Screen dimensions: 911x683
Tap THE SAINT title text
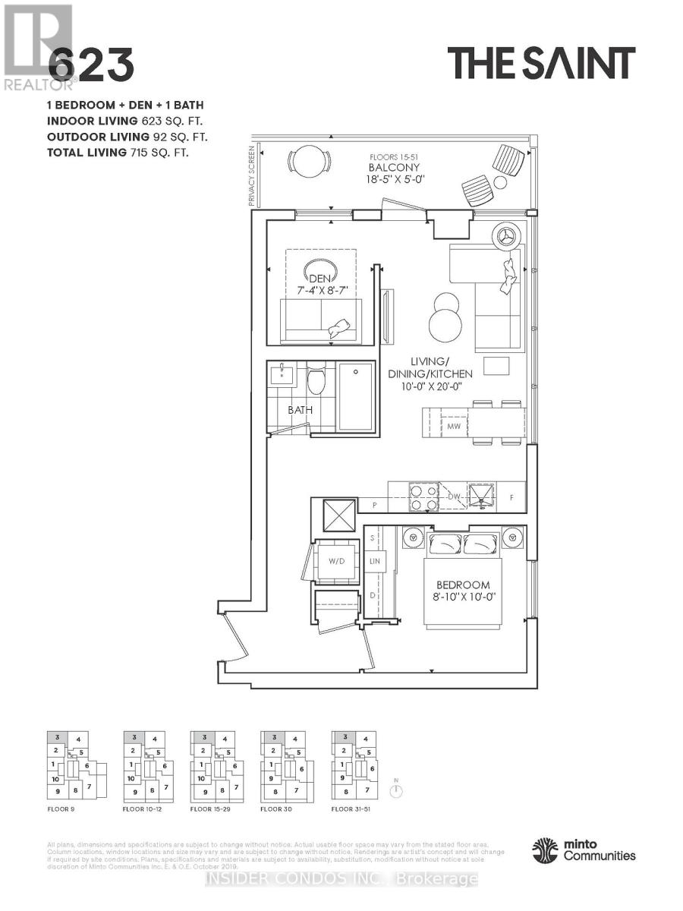(x=540, y=63)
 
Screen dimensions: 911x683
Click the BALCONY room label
(x=395, y=167)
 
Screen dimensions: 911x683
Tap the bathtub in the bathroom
(x=354, y=397)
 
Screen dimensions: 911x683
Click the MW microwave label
(x=454, y=427)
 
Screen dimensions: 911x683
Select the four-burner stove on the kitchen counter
(x=422, y=496)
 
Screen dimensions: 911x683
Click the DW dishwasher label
(x=456, y=496)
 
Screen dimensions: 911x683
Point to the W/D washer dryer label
(x=336, y=563)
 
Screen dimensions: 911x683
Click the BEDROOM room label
(x=462, y=585)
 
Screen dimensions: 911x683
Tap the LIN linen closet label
(x=374, y=563)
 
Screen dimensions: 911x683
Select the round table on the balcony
(x=309, y=161)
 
